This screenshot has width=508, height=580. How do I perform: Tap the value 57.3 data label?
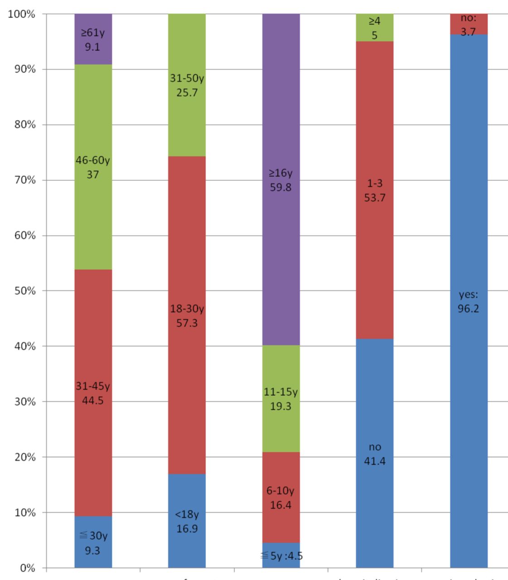tap(187, 324)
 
